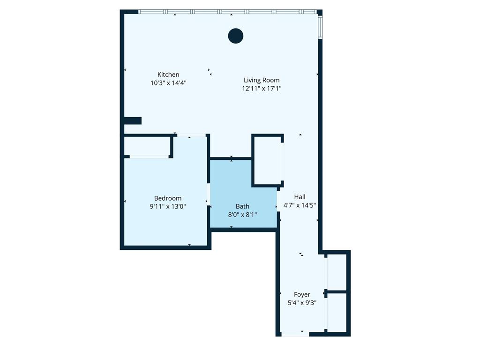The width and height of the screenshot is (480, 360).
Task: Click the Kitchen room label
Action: [x=168, y=75]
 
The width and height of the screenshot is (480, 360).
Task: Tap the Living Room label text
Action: [x=262, y=80]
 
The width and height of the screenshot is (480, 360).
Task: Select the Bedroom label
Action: [x=168, y=198]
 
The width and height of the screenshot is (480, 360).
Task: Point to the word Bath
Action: [x=242, y=206]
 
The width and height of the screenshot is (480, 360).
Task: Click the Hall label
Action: [x=300, y=197]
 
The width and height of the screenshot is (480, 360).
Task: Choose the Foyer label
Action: [x=302, y=294]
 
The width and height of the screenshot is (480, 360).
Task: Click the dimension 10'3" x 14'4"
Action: [x=168, y=82]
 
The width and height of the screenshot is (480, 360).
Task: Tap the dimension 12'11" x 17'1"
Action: [x=262, y=88]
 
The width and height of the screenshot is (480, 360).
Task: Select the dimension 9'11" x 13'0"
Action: [x=168, y=206]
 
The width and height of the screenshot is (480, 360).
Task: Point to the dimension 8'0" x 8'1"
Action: [x=242, y=214]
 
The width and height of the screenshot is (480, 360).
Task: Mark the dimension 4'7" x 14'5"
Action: [x=300, y=205]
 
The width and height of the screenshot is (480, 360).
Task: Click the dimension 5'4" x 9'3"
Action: [x=302, y=302]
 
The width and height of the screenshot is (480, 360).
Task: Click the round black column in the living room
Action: [x=235, y=36]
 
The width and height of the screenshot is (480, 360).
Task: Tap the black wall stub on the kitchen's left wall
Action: [x=132, y=120]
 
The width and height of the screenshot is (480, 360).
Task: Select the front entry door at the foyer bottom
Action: [x=295, y=334]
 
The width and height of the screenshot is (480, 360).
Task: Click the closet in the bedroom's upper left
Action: [x=147, y=146]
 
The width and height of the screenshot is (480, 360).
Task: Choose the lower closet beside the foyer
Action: [x=337, y=313]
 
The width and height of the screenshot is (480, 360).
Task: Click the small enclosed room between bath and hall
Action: [x=267, y=160]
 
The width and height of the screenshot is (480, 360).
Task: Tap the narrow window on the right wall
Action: [x=320, y=27]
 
